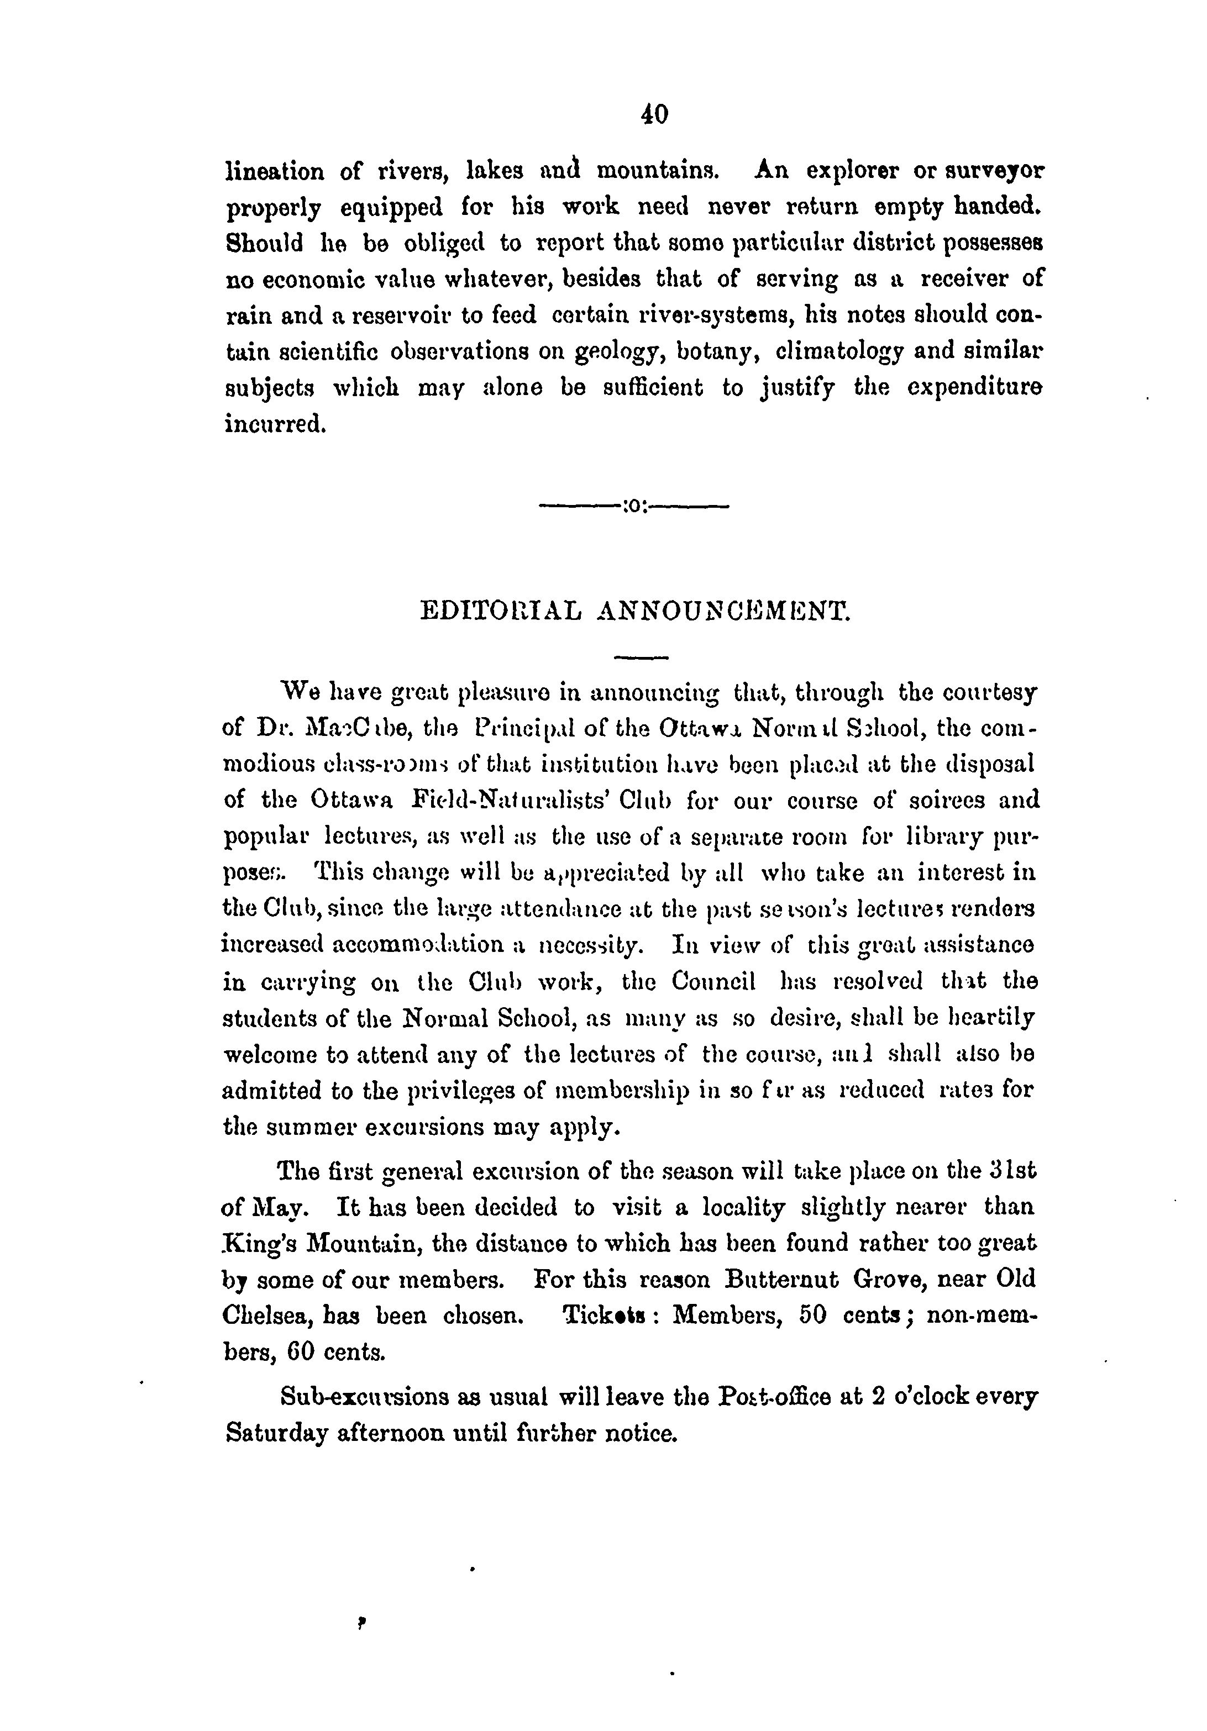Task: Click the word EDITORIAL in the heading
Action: tap(500, 610)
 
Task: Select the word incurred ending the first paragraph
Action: tap(275, 424)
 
